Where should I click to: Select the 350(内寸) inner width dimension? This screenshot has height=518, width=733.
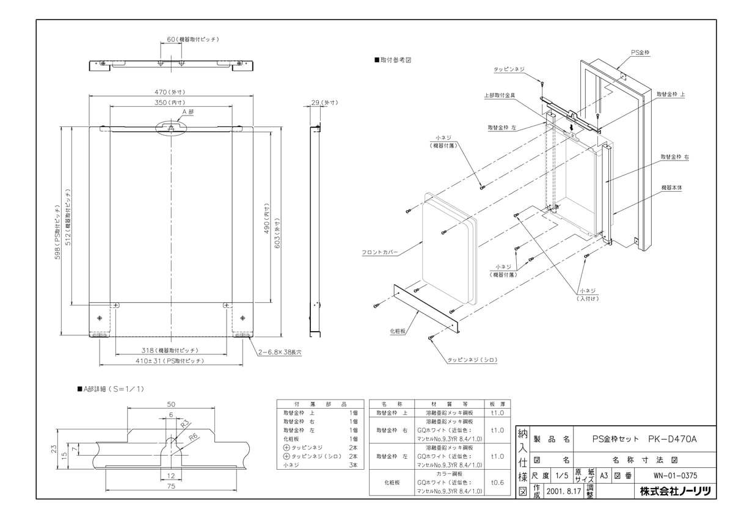coord(171,103)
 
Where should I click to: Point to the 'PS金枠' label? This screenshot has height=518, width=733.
coord(640,53)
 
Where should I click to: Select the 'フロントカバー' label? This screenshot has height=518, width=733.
coord(379,251)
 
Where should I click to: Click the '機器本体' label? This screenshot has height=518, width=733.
coord(671,188)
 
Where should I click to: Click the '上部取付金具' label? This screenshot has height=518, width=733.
coord(500,95)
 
